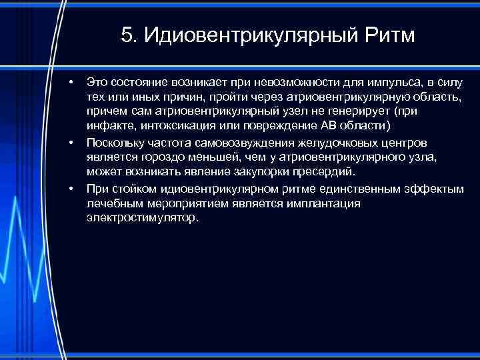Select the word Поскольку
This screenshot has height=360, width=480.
click(x=113, y=143)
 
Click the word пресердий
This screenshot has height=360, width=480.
click(x=318, y=173)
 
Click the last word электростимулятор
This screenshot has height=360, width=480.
click(x=142, y=219)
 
